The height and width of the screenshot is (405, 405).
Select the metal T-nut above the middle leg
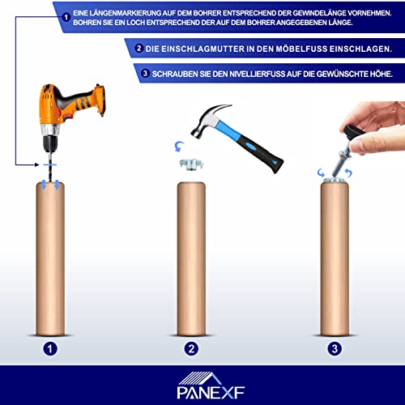(x=191, y=164)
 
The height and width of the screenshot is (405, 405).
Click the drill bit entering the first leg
(x=50, y=168)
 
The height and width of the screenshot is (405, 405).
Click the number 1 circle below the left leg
(x=50, y=348)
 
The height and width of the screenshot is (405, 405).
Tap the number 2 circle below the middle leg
(x=191, y=348)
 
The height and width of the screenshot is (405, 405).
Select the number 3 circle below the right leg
(x=335, y=348)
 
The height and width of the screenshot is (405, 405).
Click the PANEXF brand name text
(x=211, y=392)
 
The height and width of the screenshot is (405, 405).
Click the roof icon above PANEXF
(x=200, y=378)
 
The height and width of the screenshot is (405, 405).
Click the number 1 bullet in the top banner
(x=66, y=17)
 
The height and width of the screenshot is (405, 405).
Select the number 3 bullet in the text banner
(x=145, y=73)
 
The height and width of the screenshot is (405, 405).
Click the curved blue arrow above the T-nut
(x=179, y=146)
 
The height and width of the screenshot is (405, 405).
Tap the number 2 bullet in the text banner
(x=139, y=49)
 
